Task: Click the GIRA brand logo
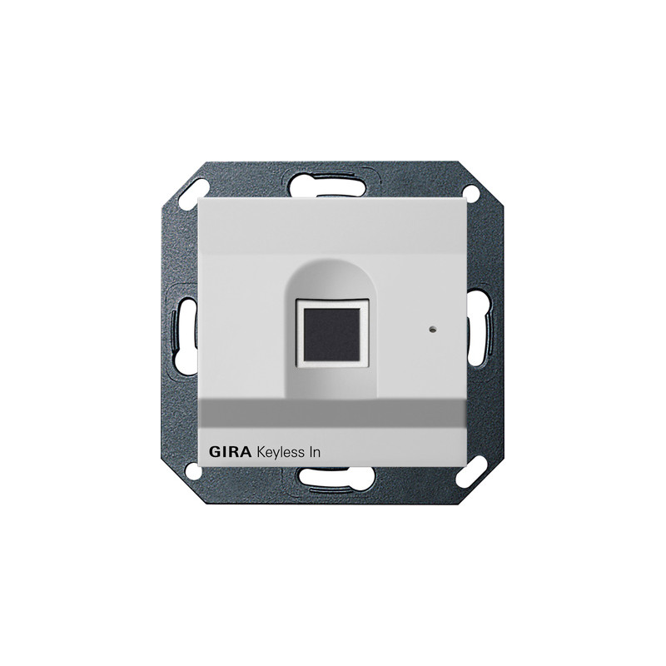(x=230, y=451)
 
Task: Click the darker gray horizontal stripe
(x=332, y=412)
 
